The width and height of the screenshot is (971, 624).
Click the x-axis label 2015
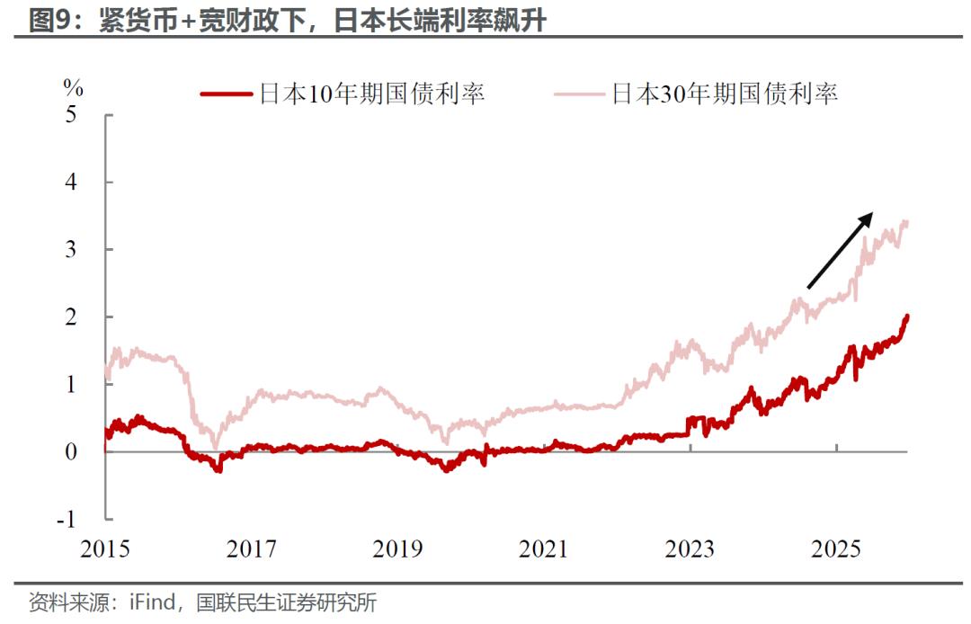[104, 548]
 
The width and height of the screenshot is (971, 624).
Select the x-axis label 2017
[251, 548]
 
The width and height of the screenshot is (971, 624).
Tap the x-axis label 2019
[397, 548]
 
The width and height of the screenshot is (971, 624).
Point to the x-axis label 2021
[544, 548]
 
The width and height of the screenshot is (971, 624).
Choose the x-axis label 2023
[690, 548]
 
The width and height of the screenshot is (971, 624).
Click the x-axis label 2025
[836, 548]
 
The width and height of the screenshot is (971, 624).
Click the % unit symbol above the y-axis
[73, 88]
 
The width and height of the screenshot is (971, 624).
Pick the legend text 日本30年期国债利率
[725, 94]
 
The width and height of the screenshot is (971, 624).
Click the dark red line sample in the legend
[226, 94]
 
